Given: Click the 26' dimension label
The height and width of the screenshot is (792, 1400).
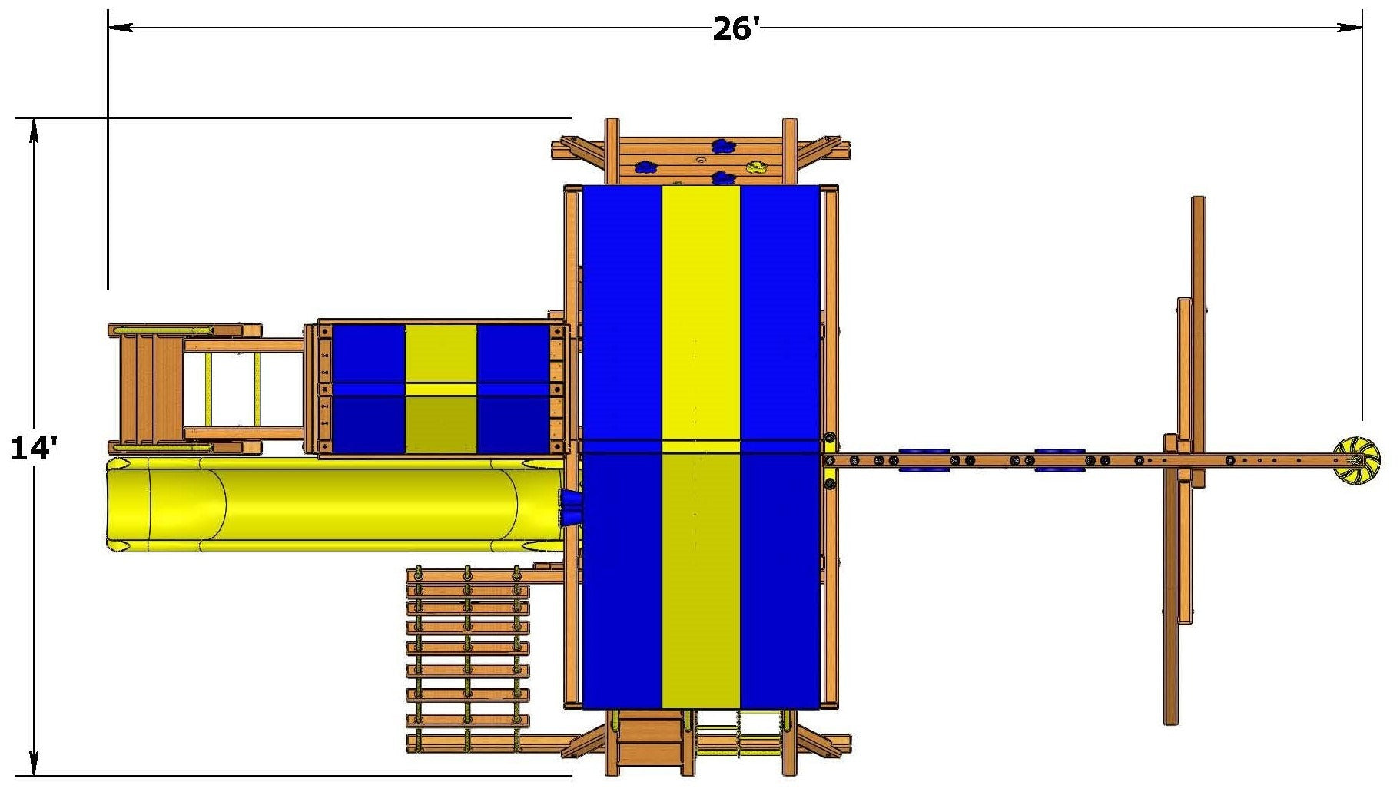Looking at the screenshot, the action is coord(735,29).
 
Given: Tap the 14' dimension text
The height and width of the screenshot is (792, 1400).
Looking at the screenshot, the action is coord(33,448).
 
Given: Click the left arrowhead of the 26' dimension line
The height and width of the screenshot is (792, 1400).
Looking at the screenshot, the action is coord(120,28).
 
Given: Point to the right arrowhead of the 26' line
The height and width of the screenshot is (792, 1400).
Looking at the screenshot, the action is coord(1350,28).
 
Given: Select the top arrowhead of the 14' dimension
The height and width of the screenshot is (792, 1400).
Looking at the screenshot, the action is coord(34,131).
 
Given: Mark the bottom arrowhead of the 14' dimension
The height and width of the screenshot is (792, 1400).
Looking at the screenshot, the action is coord(34,763).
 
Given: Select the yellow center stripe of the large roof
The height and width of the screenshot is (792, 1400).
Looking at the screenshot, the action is coord(701,446).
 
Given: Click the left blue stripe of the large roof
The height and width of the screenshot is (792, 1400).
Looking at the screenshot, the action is coord(622,446).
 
